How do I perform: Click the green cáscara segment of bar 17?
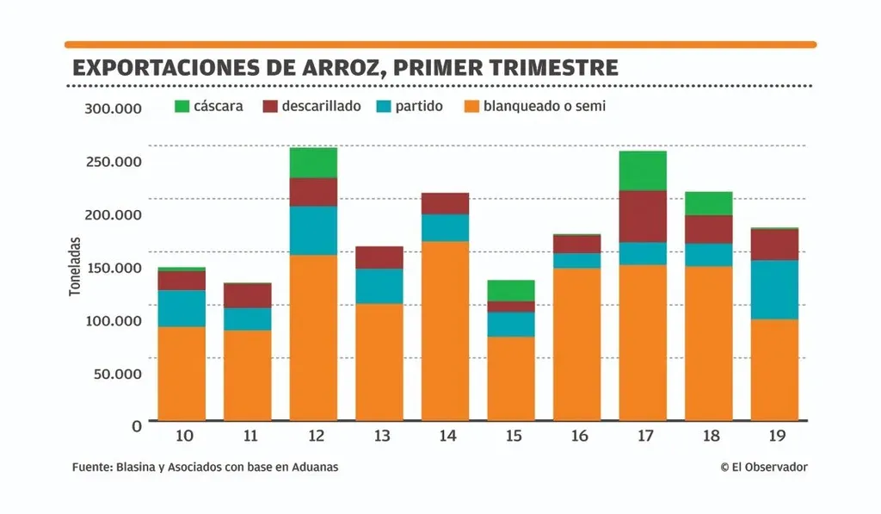click(643, 170)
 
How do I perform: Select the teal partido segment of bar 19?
click(774, 289)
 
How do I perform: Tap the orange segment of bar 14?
click(445, 331)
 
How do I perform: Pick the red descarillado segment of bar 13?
click(379, 257)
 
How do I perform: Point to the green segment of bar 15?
click(511, 290)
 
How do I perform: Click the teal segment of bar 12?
click(313, 230)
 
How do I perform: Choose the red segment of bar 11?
click(248, 295)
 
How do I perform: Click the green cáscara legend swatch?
click(182, 107)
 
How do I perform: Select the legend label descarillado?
click(321, 107)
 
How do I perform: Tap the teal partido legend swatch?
click(383, 107)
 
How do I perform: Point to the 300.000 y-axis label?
click(112, 108)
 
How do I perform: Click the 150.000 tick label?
click(112, 268)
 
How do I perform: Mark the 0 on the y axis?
click(136, 425)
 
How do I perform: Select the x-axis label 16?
click(578, 437)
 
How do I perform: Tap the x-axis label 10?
click(183, 437)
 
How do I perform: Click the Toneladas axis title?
click(75, 267)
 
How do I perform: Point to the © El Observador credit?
click(764, 467)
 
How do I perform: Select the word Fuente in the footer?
click(90, 467)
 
